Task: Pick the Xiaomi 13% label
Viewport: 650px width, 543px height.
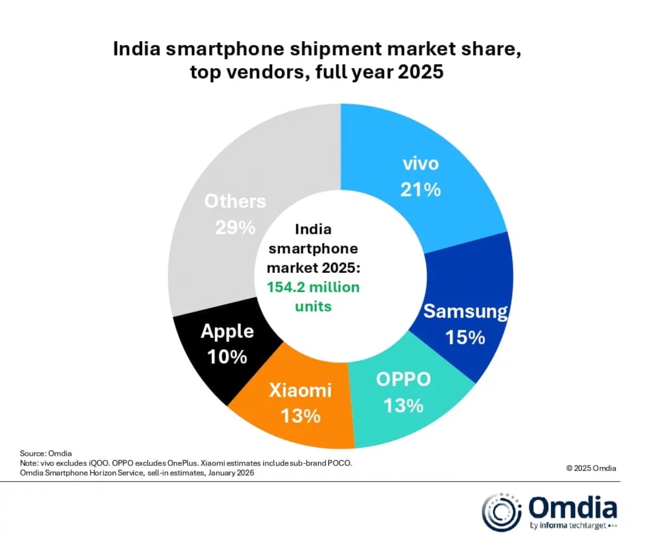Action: [301, 403]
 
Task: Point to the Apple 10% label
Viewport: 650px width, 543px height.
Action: [227, 344]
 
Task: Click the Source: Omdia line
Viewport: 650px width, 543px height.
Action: [45, 453]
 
